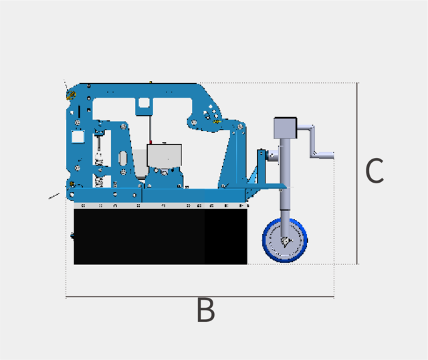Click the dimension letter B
(x=206, y=310)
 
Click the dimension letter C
(x=374, y=171)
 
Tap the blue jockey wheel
(x=285, y=240)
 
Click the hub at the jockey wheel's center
(x=286, y=241)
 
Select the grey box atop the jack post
(x=286, y=128)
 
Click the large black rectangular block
(x=160, y=236)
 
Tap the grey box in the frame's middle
(x=165, y=155)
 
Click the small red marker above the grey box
(x=150, y=143)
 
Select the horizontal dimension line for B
(x=200, y=296)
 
